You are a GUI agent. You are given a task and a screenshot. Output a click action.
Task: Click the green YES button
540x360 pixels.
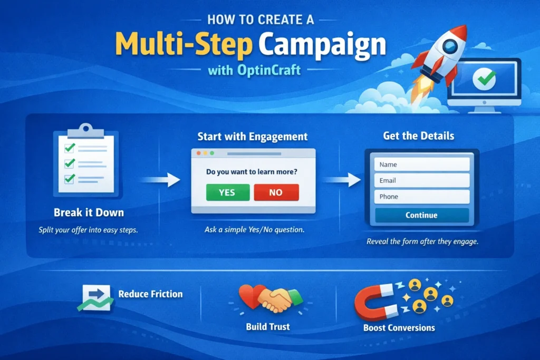pos(227,192)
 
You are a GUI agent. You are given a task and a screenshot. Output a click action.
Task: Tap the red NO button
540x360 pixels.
pos(276,192)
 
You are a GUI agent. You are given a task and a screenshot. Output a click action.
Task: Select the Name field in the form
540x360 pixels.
pos(422,164)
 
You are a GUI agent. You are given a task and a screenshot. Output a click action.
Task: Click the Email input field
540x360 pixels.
pos(422,181)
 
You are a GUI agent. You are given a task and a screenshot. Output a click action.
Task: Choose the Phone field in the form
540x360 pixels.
pos(422,197)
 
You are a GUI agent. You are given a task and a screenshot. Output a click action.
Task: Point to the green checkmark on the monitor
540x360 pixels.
pos(484,79)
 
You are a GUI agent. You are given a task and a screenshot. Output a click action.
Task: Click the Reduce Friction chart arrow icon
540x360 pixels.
pos(95,298)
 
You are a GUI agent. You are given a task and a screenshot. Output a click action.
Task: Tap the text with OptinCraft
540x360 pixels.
pos(255,70)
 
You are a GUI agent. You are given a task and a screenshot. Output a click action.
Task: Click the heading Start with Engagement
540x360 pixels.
pos(252,137)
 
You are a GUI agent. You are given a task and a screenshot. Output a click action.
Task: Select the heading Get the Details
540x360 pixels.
pos(419,136)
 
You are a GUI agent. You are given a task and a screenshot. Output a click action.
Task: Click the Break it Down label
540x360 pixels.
pos(89,213)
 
